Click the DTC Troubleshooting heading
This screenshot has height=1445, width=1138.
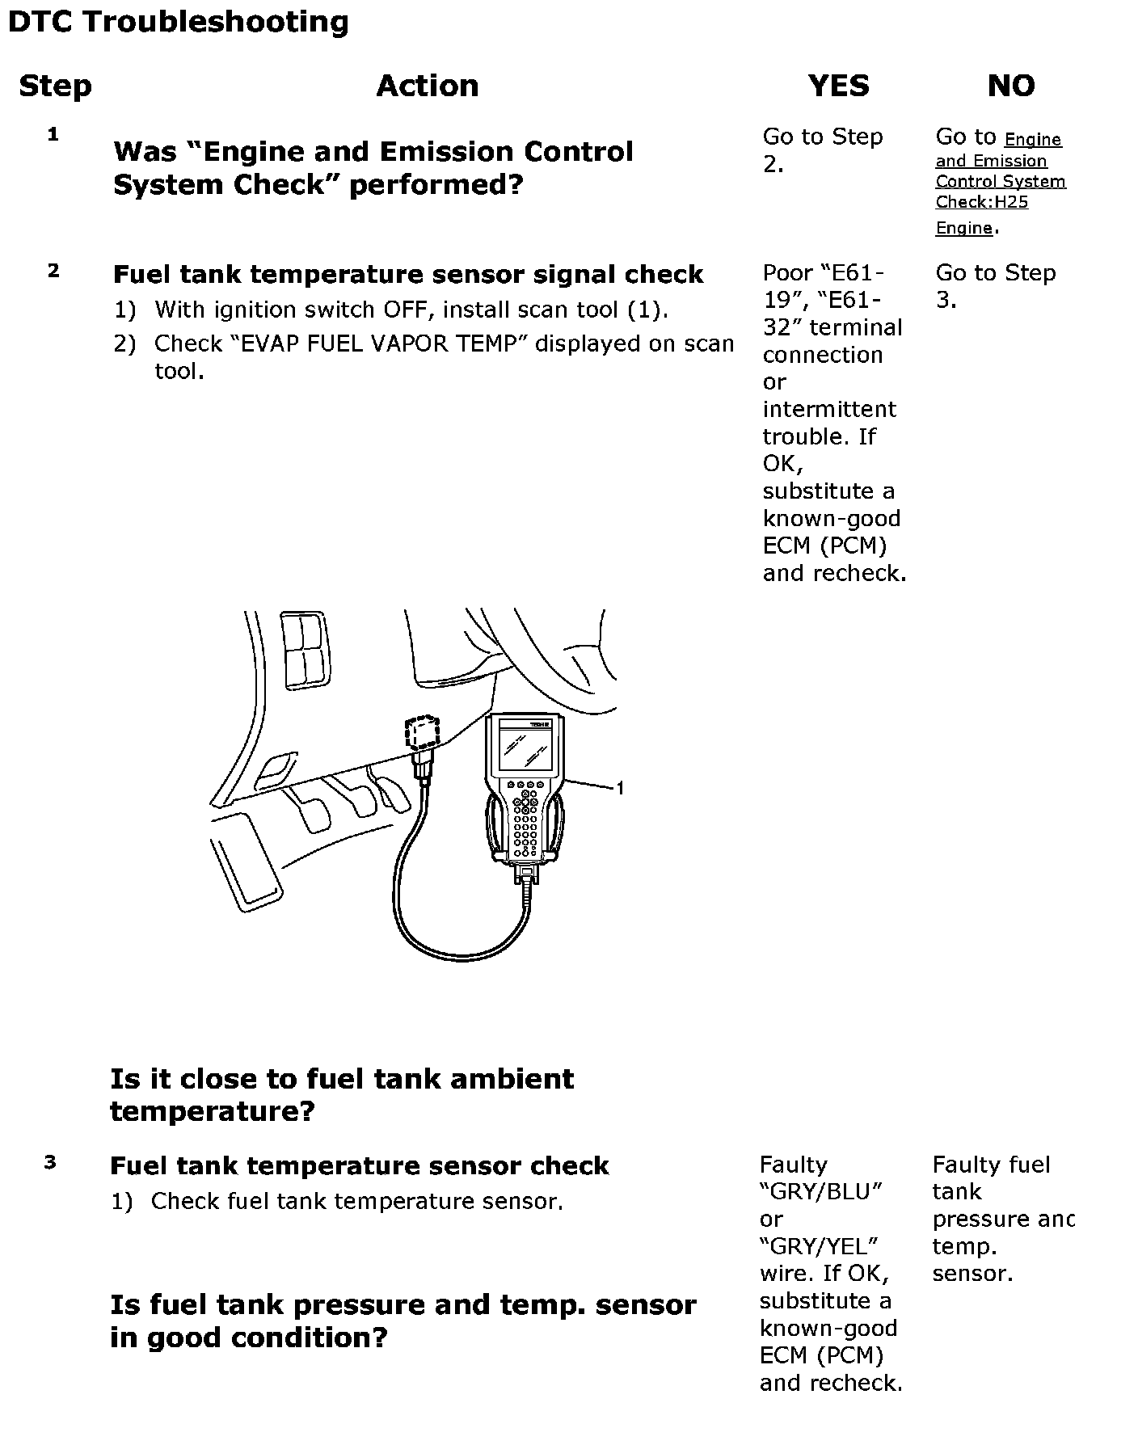click(x=178, y=22)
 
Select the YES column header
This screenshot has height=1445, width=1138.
click(x=838, y=86)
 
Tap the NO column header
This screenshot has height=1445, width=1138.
click(x=1010, y=86)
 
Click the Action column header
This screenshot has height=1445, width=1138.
click(x=427, y=86)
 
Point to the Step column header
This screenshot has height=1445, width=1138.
click(x=55, y=86)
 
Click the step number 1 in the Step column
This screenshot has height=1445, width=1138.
click(x=53, y=135)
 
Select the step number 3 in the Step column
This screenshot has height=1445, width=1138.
click(x=50, y=1163)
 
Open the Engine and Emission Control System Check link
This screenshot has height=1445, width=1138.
click(x=1000, y=182)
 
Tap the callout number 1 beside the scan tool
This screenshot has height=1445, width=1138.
click(x=620, y=788)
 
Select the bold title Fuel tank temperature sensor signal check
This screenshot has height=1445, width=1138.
click(x=407, y=275)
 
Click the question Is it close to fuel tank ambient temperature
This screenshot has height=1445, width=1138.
click(x=341, y=1094)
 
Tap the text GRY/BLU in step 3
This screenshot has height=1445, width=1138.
click(x=820, y=1192)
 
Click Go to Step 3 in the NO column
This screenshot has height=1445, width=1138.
click(x=995, y=286)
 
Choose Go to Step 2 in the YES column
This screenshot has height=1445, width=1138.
click(x=822, y=150)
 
